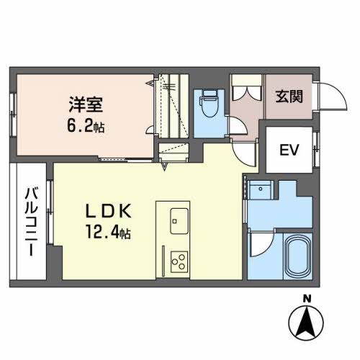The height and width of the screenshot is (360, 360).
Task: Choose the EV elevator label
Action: pos(289,150)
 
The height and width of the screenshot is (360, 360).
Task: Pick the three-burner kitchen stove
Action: pos(178,260)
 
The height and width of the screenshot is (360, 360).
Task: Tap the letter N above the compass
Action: pos(307,300)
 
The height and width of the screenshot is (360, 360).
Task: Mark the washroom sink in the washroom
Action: pos(260,190)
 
